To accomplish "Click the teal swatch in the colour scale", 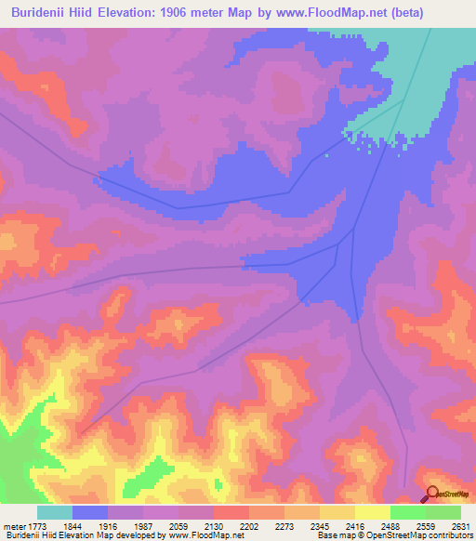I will pyautogui.click(x=55, y=512).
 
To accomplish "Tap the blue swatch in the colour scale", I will pyautogui.click(x=90, y=512).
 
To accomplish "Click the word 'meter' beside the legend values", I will pyautogui.click(x=10, y=527).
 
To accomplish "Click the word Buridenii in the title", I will pyautogui.click(x=37, y=10).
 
